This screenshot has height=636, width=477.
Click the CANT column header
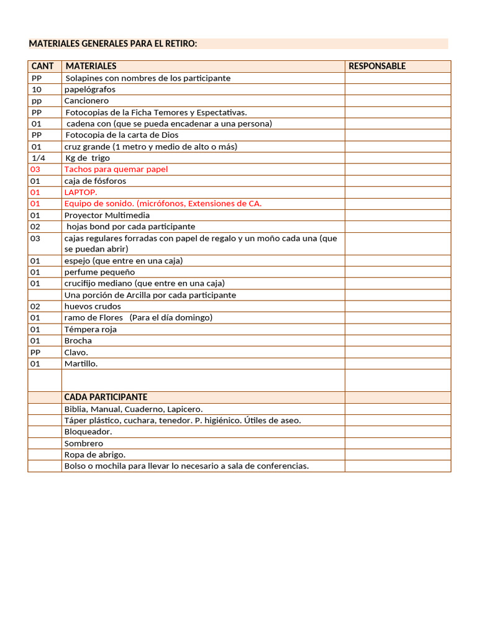coord(42,66)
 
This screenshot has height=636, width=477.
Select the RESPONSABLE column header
coord(377,66)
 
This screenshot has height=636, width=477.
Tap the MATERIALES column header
coord(91,66)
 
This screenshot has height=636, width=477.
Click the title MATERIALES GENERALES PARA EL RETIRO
coord(113,43)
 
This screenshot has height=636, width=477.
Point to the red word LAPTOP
coord(81,192)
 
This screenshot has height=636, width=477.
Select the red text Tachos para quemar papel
coord(116,169)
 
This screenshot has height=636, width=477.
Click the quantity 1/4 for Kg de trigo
coord(39,158)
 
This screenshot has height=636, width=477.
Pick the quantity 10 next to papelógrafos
coord(37,89)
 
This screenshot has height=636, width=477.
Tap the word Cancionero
coord(86,101)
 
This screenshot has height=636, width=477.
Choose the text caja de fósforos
coord(95,181)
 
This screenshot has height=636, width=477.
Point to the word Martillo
coord(81,363)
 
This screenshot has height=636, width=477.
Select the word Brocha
coord(78,340)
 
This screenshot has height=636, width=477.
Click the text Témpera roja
coord(91,329)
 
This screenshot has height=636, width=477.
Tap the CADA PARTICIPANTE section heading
coord(106,397)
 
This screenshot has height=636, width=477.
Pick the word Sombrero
coord(84,443)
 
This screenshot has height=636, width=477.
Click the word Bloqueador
coord(88,432)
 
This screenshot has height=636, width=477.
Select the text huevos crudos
coord(93,306)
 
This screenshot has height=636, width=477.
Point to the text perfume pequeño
coord(99,272)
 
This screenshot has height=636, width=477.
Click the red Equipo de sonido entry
coord(163,203)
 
